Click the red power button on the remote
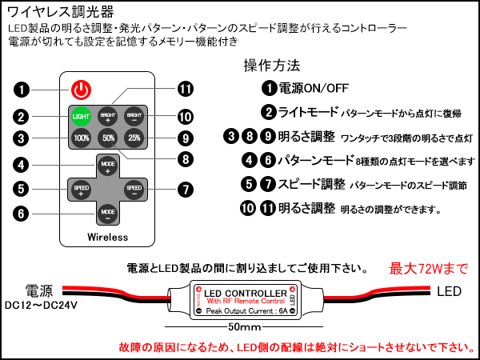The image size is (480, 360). (81, 89)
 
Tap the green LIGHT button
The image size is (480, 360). (81, 115)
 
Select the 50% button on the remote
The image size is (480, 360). (107, 137)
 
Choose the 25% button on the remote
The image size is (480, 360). (134, 137)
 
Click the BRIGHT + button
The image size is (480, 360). (107, 115)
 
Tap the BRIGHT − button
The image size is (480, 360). (134, 115)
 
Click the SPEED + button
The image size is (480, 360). (80, 190)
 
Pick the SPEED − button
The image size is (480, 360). (134, 190)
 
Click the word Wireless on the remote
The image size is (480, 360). (107, 238)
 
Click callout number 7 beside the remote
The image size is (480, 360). (186, 190)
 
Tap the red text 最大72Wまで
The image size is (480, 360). (428, 267)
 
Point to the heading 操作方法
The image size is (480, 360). (271, 65)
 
